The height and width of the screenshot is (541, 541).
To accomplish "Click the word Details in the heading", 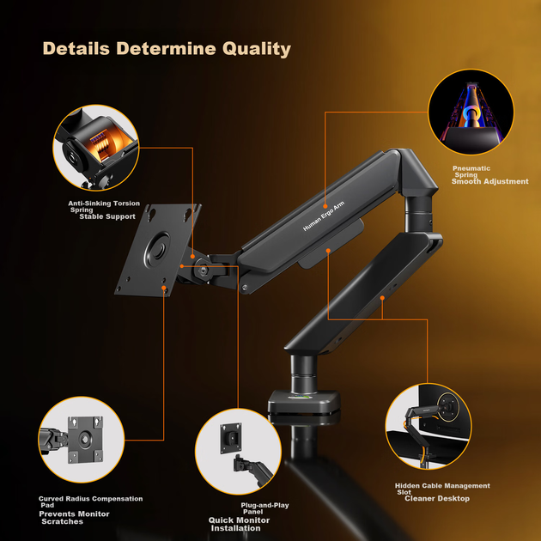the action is coord(76,48).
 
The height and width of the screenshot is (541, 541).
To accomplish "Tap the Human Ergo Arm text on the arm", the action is coord(323,216).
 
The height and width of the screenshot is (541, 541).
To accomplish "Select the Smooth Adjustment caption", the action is coord(489,181).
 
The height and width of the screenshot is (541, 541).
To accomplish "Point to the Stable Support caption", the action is coord(107,216).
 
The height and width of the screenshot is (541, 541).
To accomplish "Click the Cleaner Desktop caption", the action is coord(437,499).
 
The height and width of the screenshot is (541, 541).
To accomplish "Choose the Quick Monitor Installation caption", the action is coord(239,524).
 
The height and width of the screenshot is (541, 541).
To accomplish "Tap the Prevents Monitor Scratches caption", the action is coord(74,518).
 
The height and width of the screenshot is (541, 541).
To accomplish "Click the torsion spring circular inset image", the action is coord(96,148).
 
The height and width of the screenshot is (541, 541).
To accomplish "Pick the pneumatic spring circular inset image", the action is coord(471,112).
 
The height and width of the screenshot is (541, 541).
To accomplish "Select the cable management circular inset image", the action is coord(429,427).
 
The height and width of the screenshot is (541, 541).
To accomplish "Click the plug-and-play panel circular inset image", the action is coord(238,452).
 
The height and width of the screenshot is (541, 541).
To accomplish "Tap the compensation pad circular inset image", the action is coord(82,439).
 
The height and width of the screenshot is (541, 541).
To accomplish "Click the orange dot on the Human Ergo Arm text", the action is coord(325,206).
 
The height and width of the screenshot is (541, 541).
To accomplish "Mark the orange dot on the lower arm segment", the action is coord(382,298).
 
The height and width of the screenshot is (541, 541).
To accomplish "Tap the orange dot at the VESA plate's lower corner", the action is coord(163,288).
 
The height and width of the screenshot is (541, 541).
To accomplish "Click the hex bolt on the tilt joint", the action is coord(204,270).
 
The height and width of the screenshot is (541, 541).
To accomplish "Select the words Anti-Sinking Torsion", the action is coord(104,204).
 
